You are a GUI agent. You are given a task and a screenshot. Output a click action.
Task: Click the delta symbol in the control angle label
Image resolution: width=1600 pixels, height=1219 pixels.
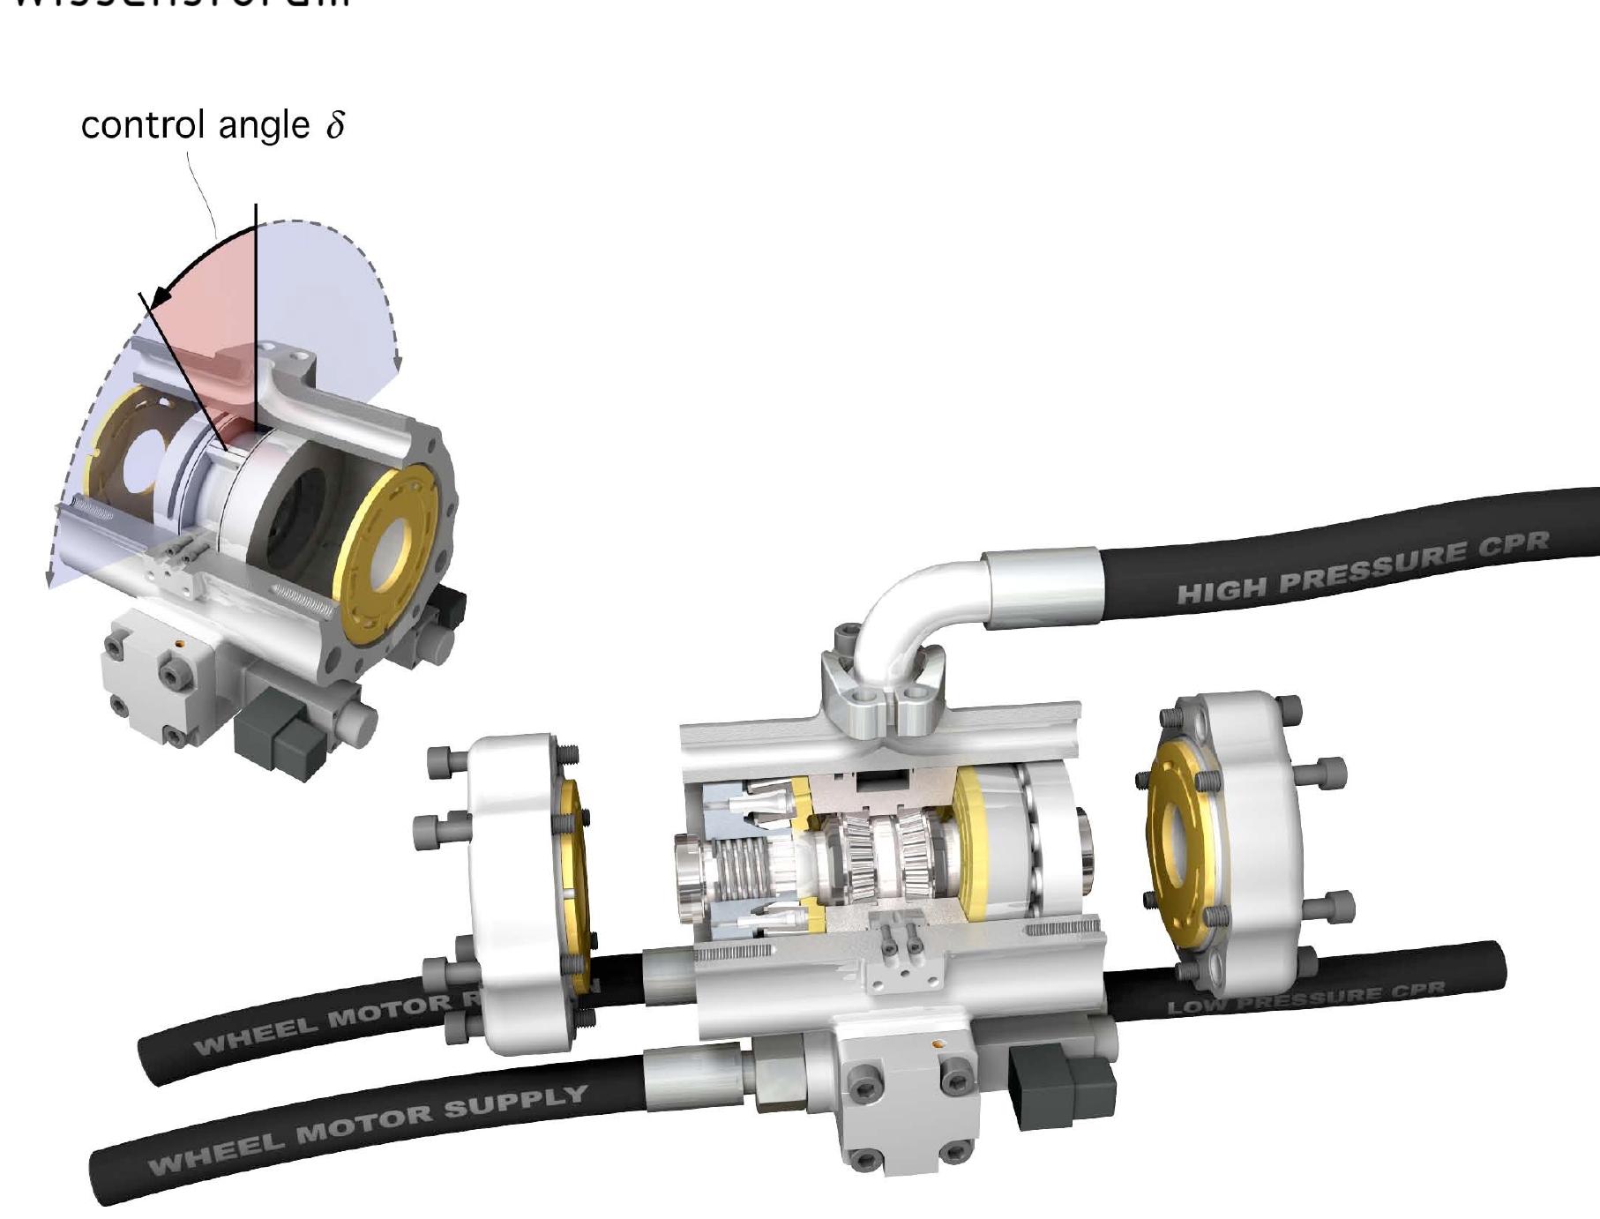click(335, 124)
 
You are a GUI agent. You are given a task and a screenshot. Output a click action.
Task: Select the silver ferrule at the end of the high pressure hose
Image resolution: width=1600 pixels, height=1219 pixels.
click(1041, 587)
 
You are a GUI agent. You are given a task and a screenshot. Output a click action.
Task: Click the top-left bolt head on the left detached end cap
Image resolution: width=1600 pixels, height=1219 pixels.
click(441, 761)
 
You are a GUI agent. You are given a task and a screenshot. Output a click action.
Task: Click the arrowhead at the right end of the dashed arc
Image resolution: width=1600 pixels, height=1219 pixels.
click(398, 362)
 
